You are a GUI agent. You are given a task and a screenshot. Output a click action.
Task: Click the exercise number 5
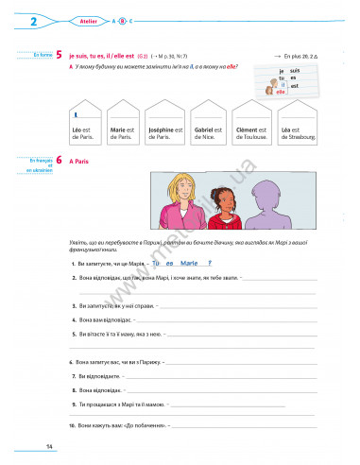60,57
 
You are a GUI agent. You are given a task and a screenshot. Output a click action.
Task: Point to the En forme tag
41,56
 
